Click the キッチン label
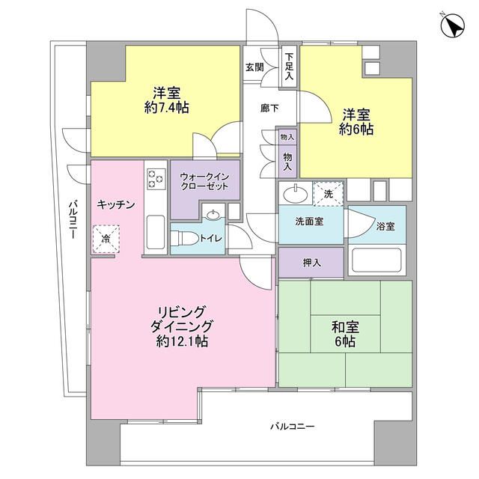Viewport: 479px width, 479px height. click(x=115, y=204)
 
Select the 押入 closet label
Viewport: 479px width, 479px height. click(x=312, y=263)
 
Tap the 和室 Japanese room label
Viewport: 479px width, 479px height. click(x=344, y=327)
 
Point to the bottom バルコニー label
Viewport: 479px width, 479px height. click(x=293, y=427)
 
